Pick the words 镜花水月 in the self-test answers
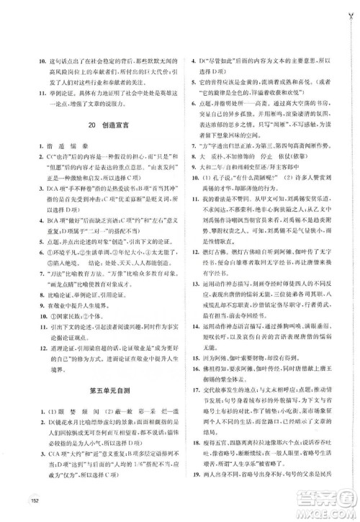(66, 423)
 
